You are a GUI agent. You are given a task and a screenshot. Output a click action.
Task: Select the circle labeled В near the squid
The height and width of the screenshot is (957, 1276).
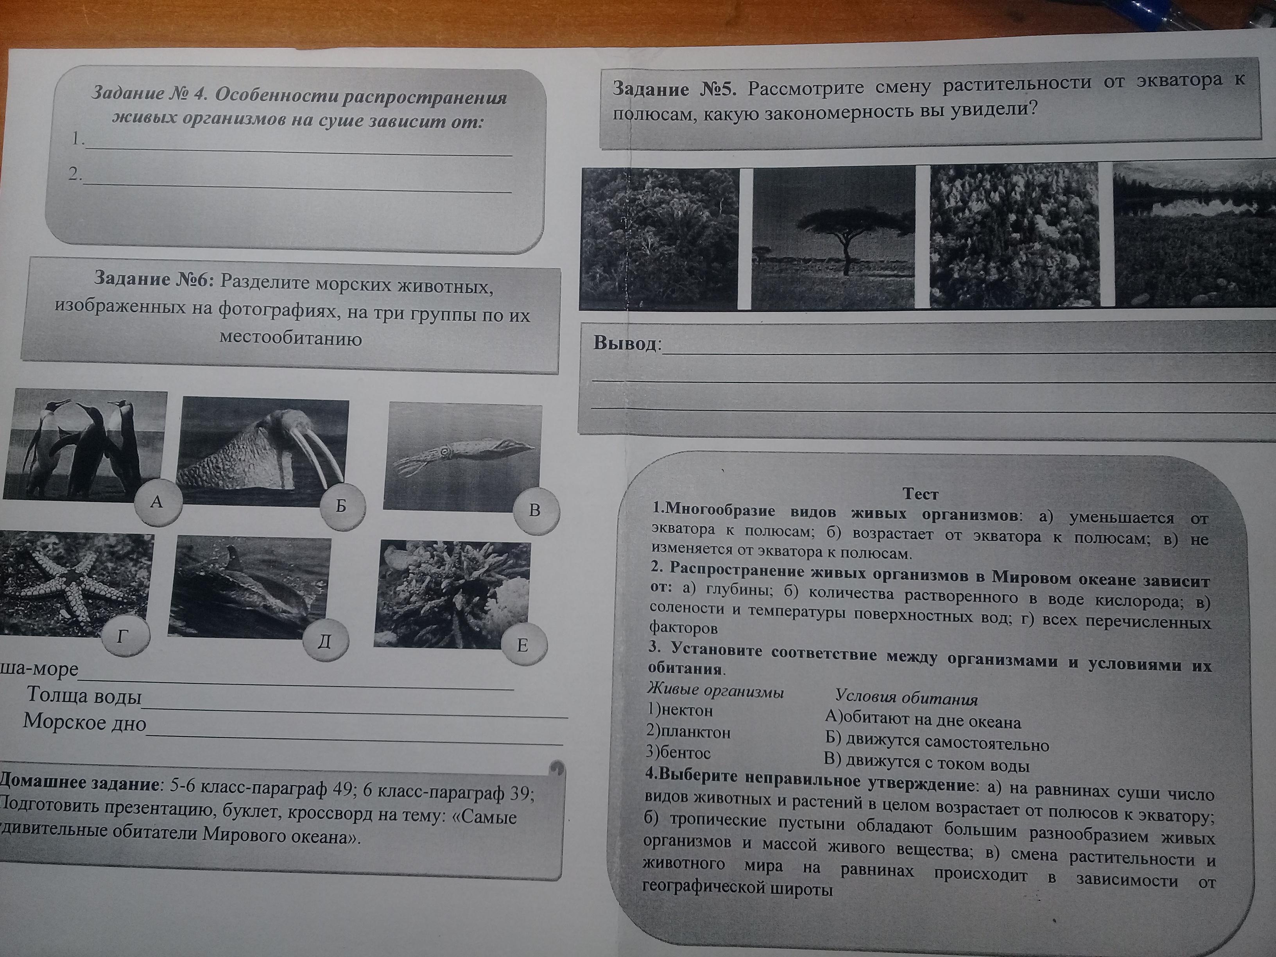[535, 511]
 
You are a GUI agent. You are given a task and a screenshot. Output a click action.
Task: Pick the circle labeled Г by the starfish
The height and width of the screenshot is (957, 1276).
[123, 637]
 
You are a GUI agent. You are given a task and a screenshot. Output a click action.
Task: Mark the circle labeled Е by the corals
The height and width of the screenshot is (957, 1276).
[523, 645]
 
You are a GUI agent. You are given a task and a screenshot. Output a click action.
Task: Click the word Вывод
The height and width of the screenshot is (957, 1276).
[625, 344]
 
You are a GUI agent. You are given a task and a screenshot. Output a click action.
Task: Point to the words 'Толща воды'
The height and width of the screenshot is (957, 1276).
[84, 696]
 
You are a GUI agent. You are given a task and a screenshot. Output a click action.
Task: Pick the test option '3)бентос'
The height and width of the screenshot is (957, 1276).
[678, 752]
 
